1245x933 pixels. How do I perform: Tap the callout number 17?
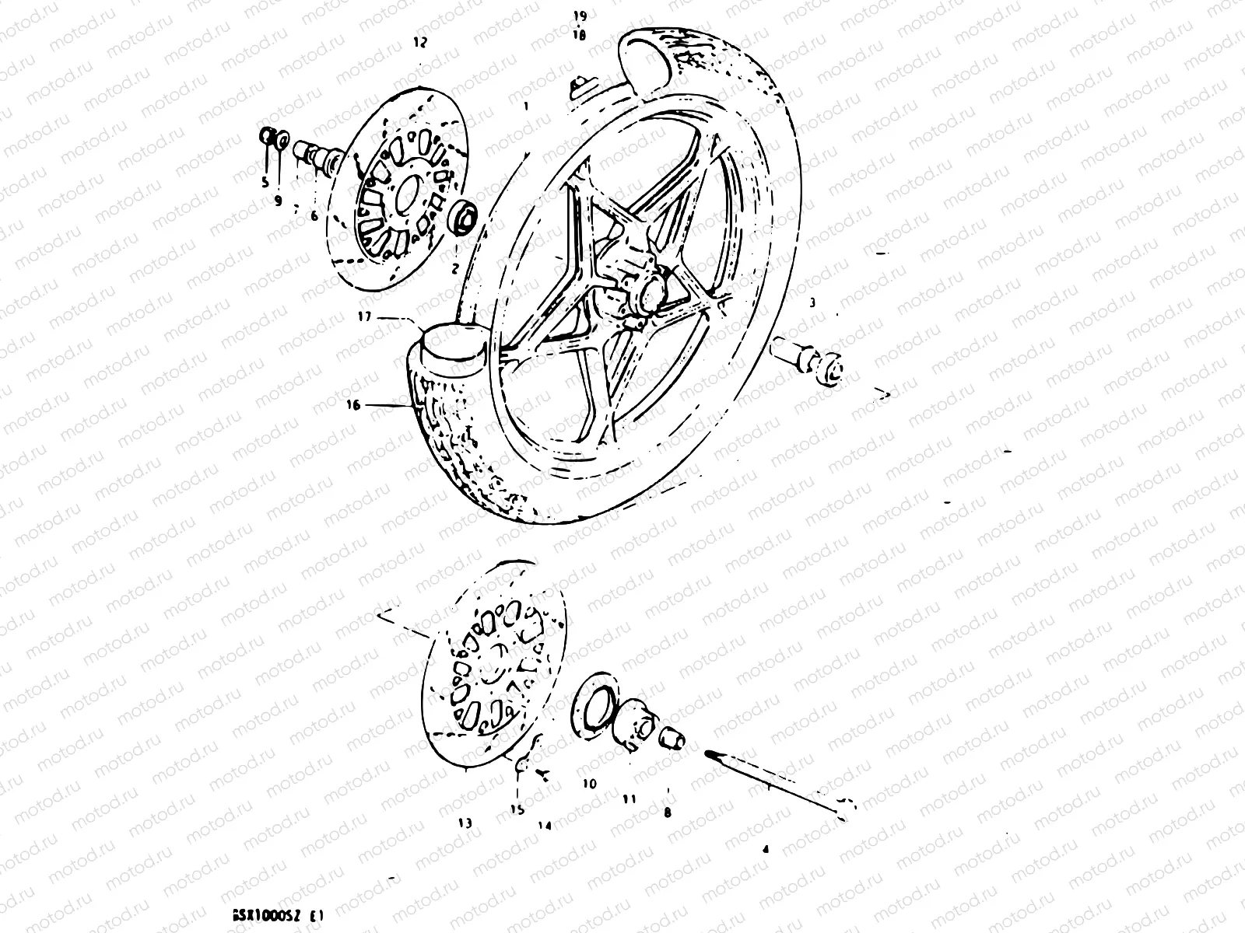coord(366,317)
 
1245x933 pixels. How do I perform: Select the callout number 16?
coord(354,405)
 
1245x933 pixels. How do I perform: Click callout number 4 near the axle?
coord(765,850)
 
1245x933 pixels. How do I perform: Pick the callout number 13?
coord(465,823)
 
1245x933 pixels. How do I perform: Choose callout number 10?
coord(589,784)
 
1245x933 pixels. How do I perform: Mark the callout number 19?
coord(580,16)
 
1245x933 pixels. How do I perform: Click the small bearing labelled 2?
coord(464,215)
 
